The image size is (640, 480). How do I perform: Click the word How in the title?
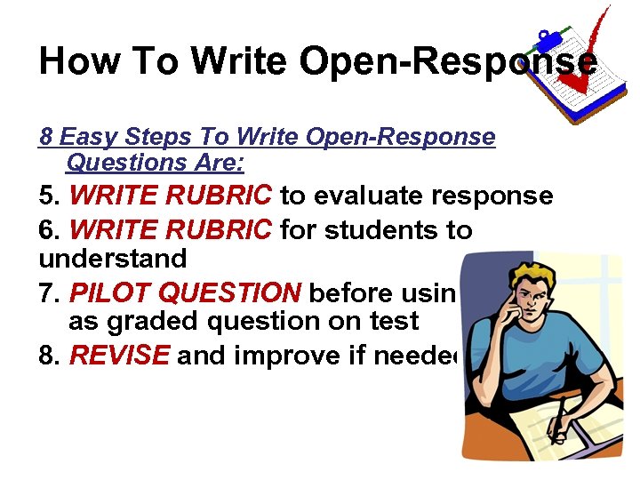(x=73, y=62)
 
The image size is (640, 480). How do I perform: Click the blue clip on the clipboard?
(x=547, y=39)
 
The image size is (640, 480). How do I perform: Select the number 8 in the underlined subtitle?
(x=46, y=138)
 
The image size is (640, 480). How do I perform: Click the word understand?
(x=113, y=260)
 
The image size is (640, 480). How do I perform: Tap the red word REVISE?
(x=119, y=356)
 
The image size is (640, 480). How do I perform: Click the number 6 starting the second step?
(x=46, y=231)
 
